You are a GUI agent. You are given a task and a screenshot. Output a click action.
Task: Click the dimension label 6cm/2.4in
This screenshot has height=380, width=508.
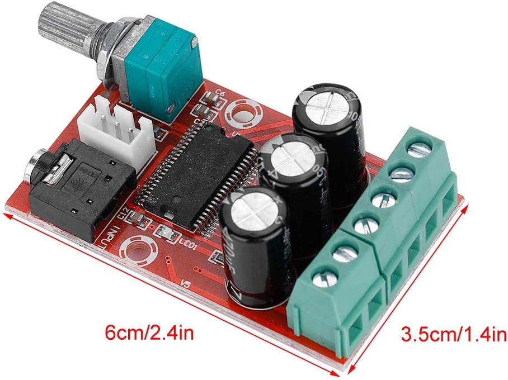pos(150,334)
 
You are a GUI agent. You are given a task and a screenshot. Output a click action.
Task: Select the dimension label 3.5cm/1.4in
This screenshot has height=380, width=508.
pos(454,335)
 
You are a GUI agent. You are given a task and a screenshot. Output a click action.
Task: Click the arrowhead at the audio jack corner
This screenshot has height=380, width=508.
pos(7,212)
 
